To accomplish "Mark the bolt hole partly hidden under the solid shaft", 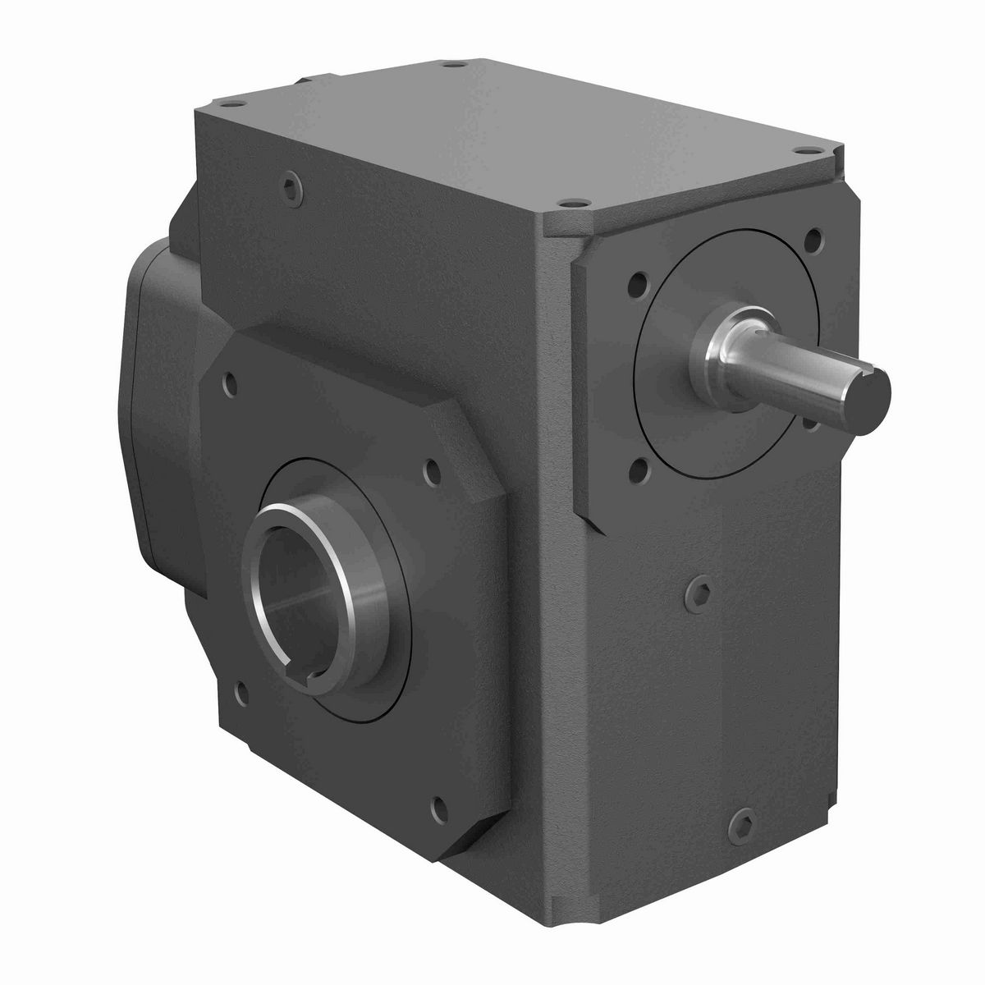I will click(x=809, y=423).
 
